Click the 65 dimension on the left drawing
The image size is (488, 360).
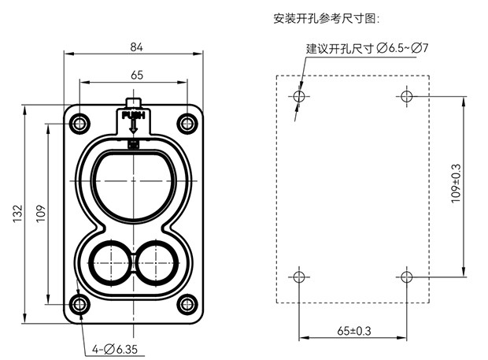136,75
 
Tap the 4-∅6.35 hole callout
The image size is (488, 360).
116,348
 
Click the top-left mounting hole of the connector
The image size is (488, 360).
79,123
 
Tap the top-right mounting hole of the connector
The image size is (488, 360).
187,123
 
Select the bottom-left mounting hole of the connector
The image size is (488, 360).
79,305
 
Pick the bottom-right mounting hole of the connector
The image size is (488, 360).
187,305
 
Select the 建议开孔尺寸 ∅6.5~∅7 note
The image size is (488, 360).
367,49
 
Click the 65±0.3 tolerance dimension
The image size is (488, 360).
353,330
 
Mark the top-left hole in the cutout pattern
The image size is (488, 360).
298,96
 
